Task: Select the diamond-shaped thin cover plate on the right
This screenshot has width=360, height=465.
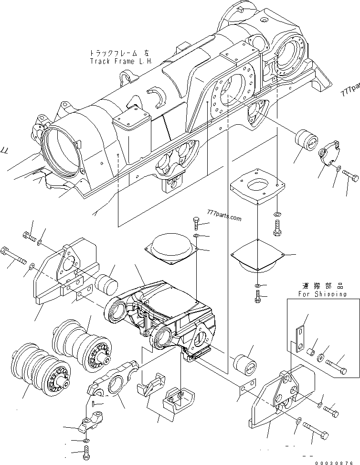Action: (x=258, y=257)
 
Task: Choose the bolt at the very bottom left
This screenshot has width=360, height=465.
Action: (x=86, y=451)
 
